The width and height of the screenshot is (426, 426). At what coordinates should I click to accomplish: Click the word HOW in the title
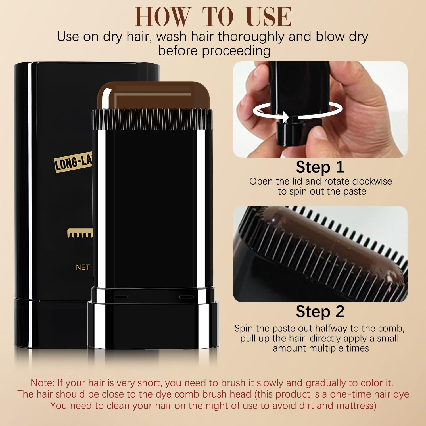click(162, 17)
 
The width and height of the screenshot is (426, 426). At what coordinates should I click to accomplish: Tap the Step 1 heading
click(320, 167)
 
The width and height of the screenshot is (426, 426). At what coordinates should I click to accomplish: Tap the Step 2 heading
click(320, 312)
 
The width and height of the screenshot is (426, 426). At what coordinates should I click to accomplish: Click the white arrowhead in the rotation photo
click(285, 117)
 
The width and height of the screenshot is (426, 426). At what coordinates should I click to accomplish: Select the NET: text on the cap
click(83, 267)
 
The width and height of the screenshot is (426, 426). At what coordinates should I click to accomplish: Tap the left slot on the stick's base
click(121, 297)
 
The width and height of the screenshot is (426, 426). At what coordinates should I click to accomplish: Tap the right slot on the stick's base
click(186, 297)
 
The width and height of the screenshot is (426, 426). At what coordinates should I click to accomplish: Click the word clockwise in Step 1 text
click(372, 181)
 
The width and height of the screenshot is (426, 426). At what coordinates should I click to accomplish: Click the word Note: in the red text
click(42, 383)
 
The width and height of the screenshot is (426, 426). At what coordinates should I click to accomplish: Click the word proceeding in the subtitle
click(236, 51)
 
